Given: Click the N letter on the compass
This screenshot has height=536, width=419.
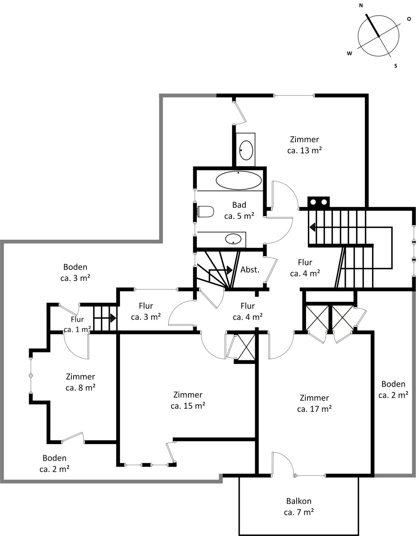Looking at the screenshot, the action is click(361, 6).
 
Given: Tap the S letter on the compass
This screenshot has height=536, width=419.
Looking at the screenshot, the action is click(396, 66).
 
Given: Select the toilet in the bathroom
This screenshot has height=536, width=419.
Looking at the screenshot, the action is click(206, 212).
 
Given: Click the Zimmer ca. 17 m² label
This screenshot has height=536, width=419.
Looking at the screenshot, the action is click(314, 403).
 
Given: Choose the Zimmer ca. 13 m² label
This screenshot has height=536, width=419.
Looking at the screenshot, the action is click(304, 145).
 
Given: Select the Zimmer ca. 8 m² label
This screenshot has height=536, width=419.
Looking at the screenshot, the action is click(81, 382).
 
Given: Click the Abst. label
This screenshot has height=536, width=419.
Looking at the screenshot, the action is click(250, 270).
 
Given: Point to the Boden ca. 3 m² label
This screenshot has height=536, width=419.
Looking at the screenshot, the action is click(75, 272).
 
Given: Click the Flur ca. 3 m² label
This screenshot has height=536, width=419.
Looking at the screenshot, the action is click(146, 311).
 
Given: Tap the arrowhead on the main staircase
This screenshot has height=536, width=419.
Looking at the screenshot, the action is click(312, 227).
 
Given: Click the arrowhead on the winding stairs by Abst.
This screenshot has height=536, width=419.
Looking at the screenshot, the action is click(229, 270).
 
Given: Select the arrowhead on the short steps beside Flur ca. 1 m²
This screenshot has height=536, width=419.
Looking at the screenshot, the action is click(113, 318).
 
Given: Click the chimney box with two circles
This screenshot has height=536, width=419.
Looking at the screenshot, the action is click(318, 202).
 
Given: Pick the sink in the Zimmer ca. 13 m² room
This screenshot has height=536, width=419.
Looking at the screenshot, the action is click(246, 150).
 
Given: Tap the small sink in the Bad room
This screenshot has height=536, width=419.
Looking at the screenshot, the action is click(233, 239).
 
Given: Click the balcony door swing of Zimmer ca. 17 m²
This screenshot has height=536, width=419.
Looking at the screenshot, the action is click(283, 463).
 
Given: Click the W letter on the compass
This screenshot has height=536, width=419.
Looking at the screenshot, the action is click(349, 53).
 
